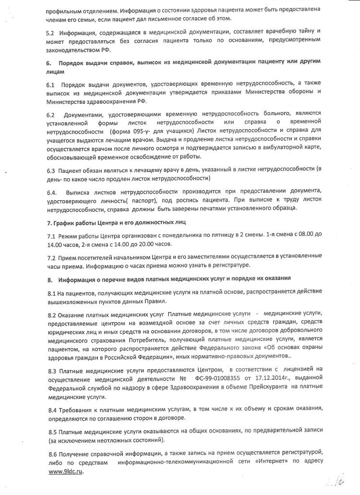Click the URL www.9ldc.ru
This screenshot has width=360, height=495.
(x=66, y=472)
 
